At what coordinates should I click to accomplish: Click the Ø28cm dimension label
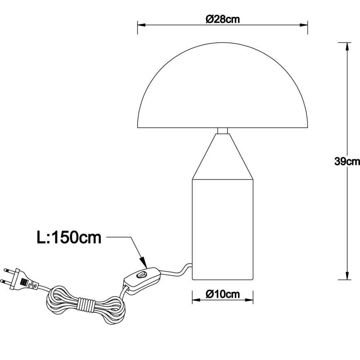coord(223,19)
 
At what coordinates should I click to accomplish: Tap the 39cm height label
coord(347,161)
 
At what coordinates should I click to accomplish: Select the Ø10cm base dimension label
coord(223,294)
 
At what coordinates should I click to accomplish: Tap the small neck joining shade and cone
coord(223,131)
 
